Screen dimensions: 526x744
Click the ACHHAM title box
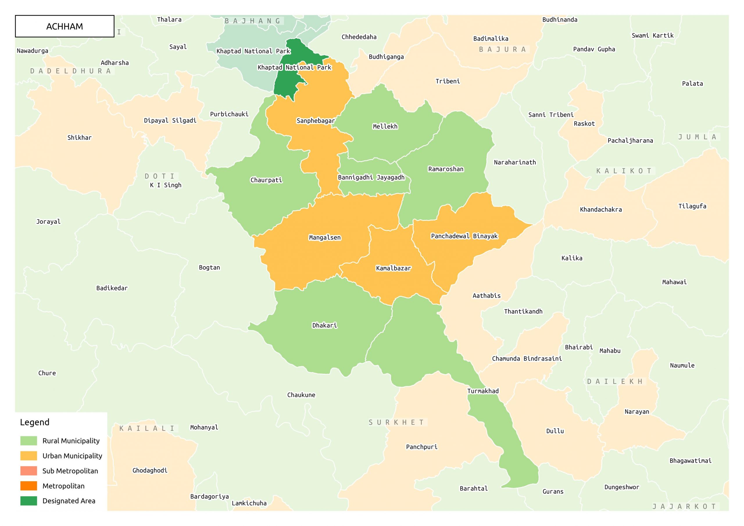coord(65,26)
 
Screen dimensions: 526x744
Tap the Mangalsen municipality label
coord(325,237)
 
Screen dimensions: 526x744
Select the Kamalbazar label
coord(394,268)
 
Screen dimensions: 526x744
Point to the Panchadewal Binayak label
coord(464,236)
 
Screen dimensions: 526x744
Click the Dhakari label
coord(324,325)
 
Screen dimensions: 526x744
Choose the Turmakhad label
coord(483,391)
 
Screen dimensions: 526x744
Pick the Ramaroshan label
coord(446,169)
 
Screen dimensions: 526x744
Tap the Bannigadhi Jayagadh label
coord(371,177)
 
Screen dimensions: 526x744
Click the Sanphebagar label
coord(316,121)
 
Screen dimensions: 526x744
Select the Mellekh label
coord(385,126)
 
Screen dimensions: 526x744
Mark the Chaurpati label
coord(266,180)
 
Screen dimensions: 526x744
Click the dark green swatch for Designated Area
coord(28,501)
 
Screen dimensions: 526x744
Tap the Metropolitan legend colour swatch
coord(28,486)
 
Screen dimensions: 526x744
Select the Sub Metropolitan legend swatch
coord(28,470)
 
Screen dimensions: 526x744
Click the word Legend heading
coord(35,422)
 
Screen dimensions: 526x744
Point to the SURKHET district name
coord(396,422)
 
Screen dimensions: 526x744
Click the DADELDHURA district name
coord(71,71)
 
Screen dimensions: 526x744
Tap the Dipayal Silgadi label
coord(170,121)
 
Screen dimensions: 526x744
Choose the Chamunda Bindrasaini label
coord(527,358)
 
